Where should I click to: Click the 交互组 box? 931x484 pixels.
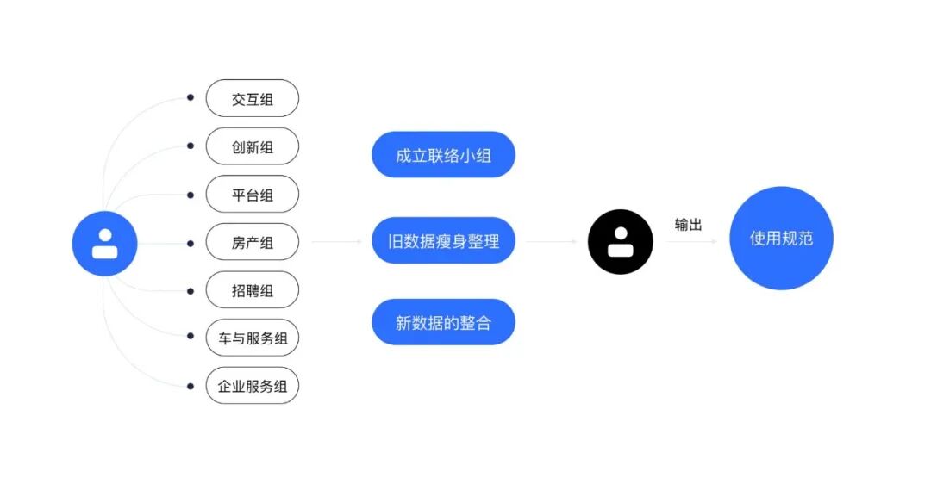click(x=252, y=99)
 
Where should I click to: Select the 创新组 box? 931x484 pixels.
click(x=252, y=147)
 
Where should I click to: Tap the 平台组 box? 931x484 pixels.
click(x=252, y=195)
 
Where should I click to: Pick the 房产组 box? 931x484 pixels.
click(x=252, y=243)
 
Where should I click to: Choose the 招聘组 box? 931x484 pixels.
click(x=252, y=290)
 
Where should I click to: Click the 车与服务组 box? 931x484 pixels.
click(x=252, y=338)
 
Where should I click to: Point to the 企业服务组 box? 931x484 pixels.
click(x=252, y=386)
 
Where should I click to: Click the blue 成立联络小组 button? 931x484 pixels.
click(x=443, y=156)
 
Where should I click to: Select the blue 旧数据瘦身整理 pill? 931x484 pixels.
click(x=443, y=241)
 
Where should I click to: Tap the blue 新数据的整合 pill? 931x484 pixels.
click(x=443, y=323)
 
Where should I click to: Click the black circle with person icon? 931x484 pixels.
click(x=621, y=242)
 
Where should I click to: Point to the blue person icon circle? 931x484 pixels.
click(x=104, y=243)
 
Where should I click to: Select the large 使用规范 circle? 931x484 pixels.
click(x=781, y=239)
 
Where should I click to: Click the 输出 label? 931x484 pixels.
click(x=688, y=225)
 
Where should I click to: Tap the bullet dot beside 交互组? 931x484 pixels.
click(x=191, y=98)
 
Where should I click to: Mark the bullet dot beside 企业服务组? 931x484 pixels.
click(x=191, y=385)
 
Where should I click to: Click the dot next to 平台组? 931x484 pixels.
click(x=191, y=194)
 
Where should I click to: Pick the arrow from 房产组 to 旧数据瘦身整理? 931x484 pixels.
click(x=337, y=242)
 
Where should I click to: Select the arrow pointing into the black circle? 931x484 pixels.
click(x=551, y=242)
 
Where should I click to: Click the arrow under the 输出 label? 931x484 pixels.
click(x=691, y=242)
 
